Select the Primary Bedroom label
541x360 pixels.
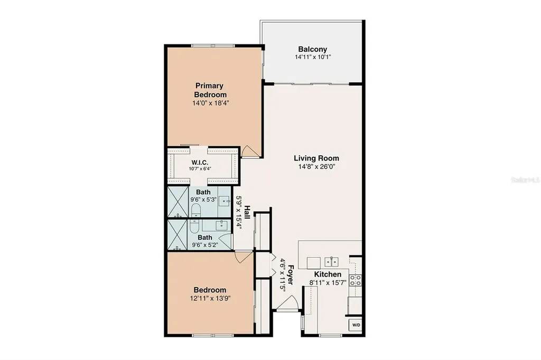(210, 90)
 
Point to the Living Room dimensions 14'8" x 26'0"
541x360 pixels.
(316, 166)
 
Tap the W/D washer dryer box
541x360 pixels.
(355, 325)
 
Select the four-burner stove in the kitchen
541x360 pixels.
(356, 280)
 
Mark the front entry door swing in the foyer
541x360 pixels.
(287, 305)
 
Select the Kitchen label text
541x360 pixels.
(328, 274)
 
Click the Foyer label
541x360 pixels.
(290, 274)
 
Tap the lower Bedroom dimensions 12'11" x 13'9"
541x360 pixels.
(210, 298)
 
